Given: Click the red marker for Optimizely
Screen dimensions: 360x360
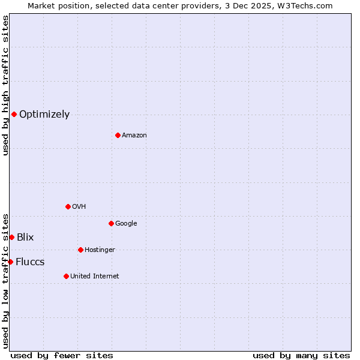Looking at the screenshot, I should pos(14,114).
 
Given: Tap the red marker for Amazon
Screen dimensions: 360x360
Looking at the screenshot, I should pos(118,135).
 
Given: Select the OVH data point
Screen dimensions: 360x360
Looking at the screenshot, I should pos(68,206).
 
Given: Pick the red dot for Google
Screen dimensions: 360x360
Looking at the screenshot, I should pos(111,223).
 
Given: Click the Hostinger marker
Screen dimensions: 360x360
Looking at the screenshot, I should pos(80,250).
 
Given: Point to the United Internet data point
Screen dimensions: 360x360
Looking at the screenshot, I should pos(66,276).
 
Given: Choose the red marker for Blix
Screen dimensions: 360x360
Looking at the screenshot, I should pos(11,237).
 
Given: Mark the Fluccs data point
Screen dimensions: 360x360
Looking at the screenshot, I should pos(10,262).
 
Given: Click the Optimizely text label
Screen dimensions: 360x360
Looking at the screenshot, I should pos(44,115).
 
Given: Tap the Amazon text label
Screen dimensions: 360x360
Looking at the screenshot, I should pos(134,136).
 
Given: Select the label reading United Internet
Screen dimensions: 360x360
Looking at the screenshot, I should pos(94,277).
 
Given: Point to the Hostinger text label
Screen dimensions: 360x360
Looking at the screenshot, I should pos(100,250).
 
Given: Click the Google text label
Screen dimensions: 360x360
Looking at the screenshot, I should pos(126,224).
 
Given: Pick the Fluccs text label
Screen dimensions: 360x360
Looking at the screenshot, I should pos(30,262).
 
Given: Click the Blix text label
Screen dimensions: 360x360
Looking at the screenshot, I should pos(25,238).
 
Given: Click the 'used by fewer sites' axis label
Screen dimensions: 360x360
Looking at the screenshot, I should pos(62,355).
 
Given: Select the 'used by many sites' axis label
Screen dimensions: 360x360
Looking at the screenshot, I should pos(301,355).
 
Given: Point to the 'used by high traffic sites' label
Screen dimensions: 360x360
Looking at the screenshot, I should pos(5,85).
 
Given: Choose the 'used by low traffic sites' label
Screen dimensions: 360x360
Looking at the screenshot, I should pos(5,281).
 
